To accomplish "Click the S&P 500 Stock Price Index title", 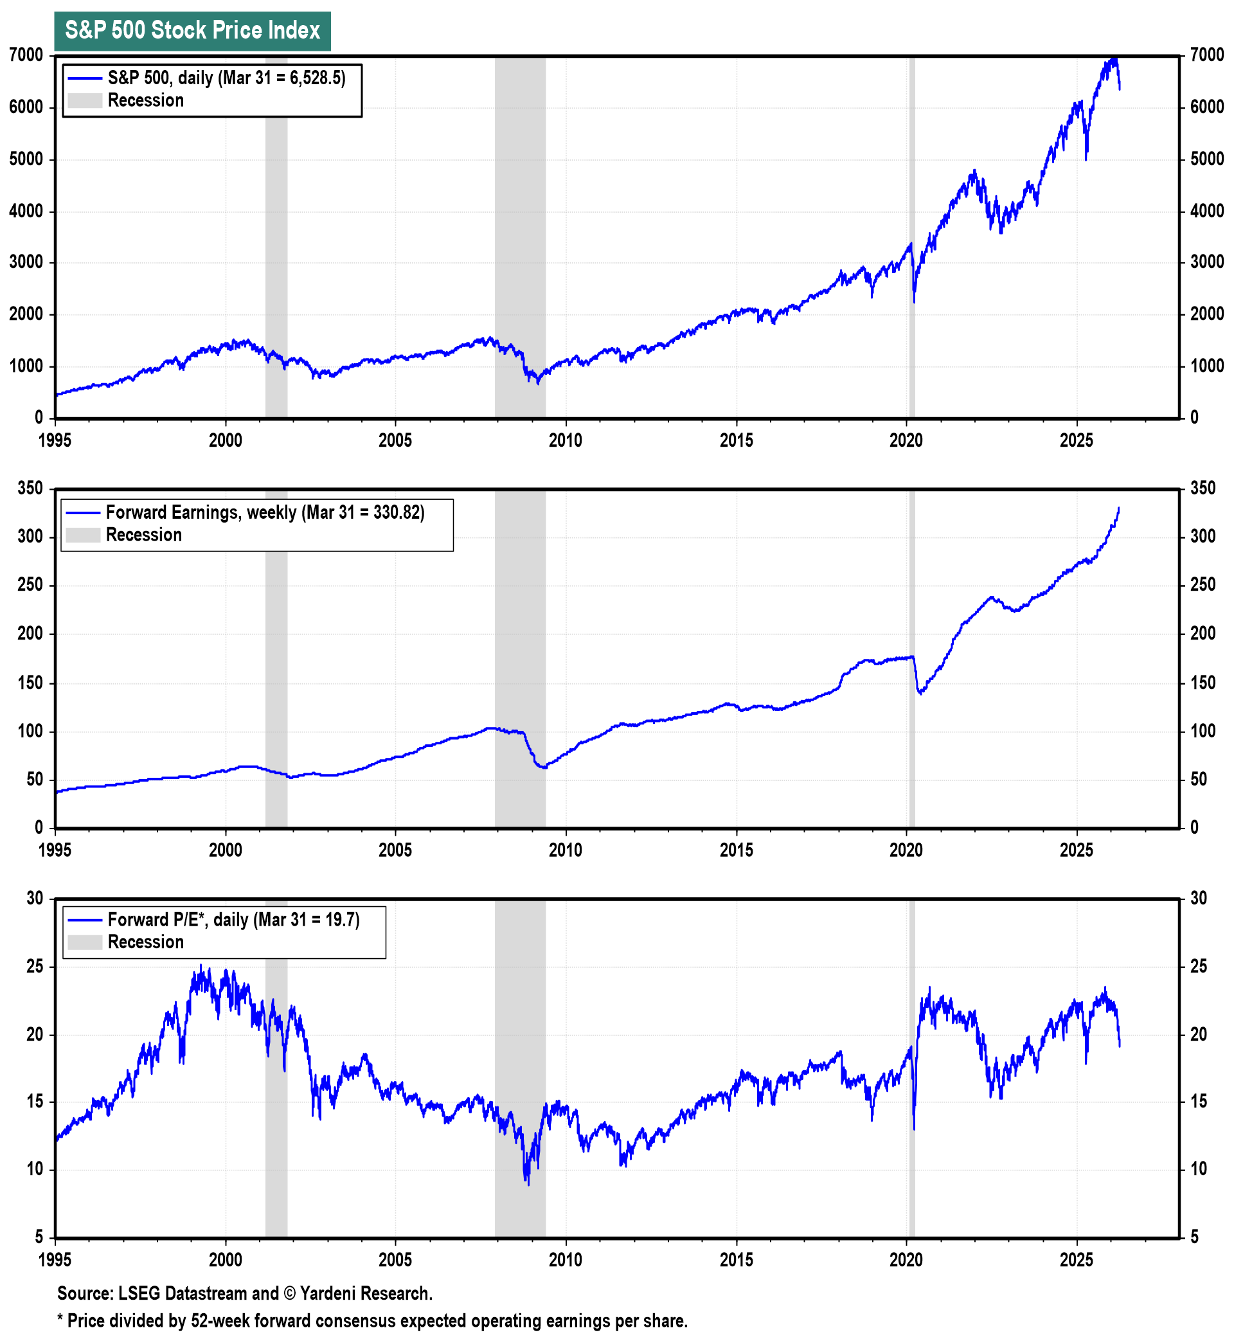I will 192,31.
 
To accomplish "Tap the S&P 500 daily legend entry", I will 226,78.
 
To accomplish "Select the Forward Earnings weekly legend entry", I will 264,513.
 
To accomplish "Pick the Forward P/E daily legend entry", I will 233,920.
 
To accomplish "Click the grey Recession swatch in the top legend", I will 85,101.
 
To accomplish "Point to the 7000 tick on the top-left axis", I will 27,55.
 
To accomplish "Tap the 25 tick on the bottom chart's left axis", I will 35,967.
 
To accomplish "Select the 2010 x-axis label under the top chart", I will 566,441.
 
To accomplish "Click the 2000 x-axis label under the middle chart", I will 226,850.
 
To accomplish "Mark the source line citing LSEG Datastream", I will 244,1293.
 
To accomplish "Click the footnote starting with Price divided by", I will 372,1321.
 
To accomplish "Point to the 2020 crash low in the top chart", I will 914,302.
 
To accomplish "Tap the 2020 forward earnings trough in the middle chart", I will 921,694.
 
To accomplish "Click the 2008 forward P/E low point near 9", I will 528,1184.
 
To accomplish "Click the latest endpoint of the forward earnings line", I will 1119,509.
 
